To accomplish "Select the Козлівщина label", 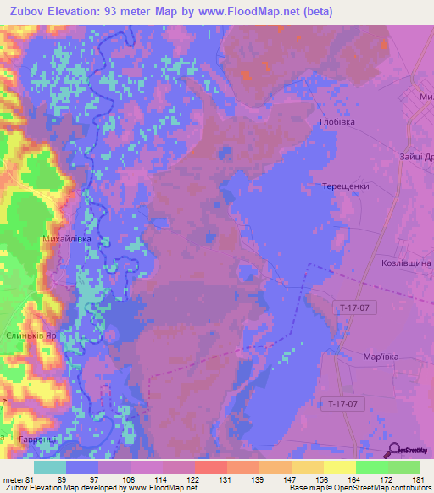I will point(406,263).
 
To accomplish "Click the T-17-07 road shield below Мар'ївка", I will point(348,404).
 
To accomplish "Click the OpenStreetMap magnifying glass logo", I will point(394,449).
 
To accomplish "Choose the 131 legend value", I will point(225,479).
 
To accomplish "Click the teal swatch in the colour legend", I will point(50,467).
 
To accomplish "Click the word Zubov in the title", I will point(30,12).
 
